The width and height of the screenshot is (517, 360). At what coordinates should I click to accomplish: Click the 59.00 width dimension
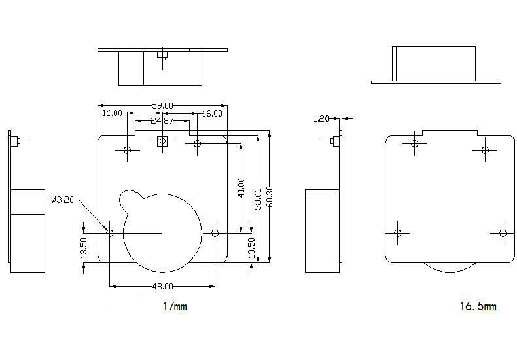click(x=162, y=105)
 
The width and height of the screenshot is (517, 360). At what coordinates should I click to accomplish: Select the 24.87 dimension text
click(x=162, y=120)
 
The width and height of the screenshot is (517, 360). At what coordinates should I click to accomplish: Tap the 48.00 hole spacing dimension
click(x=162, y=286)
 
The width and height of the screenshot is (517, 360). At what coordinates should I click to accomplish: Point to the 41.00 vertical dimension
click(x=241, y=188)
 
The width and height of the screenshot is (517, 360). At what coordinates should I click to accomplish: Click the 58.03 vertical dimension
click(x=258, y=199)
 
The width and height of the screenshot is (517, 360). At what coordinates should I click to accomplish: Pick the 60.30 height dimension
click(x=270, y=196)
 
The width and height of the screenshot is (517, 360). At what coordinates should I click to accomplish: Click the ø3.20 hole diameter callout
click(x=62, y=200)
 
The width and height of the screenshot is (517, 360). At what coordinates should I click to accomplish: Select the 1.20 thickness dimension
click(x=321, y=118)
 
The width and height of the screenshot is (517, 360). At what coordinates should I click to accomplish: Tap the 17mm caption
click(x=175, y=306)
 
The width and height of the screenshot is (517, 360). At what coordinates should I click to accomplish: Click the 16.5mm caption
click(x=478, y=306)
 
